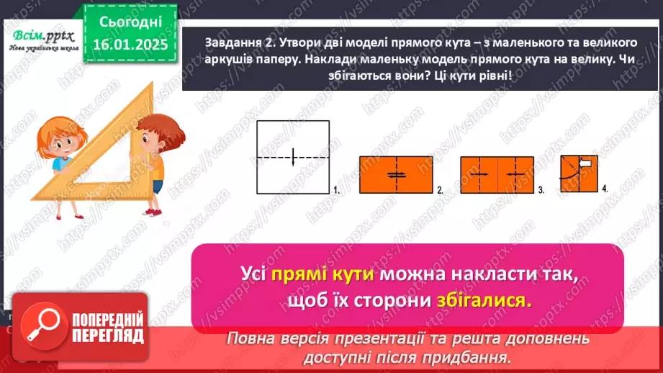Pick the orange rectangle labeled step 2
click(395, 174)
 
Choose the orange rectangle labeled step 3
click(496, 174)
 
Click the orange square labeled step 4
click(579, 174)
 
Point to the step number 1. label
click(335, 190)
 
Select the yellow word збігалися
click(484, 301)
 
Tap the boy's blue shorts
click(157, 186)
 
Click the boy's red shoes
click(151, 210)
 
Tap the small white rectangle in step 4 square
click(585, 164)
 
